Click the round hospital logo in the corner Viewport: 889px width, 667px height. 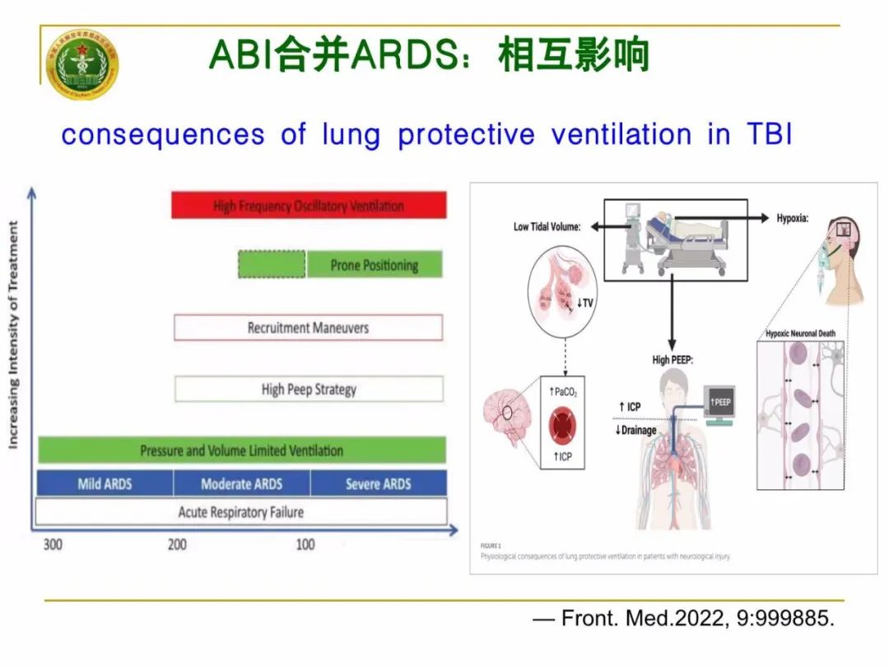pos(81,65)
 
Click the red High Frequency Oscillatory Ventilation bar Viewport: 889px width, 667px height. pos(309,205)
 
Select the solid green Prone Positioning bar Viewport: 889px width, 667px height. pos(375,264)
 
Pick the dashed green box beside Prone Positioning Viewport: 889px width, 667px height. pos(272,264)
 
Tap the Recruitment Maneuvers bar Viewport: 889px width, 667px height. pos(308,328)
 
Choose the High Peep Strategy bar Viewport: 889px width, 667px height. pos(309,389)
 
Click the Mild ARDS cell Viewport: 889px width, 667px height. pos(105,483)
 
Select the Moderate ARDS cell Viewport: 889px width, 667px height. pos(242,483)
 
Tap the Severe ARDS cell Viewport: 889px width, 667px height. pos(378,483)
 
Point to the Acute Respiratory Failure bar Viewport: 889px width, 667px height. pos(241,512)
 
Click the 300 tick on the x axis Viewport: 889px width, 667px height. pos(52,544)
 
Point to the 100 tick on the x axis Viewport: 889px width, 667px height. pos(305,544)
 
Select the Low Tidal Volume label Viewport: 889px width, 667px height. pos(547,226)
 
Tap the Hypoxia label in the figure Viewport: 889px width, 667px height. pos(793,218)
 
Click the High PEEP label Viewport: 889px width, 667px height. pos(672,360)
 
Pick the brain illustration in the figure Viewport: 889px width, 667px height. pos(510,413)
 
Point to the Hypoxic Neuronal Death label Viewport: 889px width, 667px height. pos(800,333)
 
